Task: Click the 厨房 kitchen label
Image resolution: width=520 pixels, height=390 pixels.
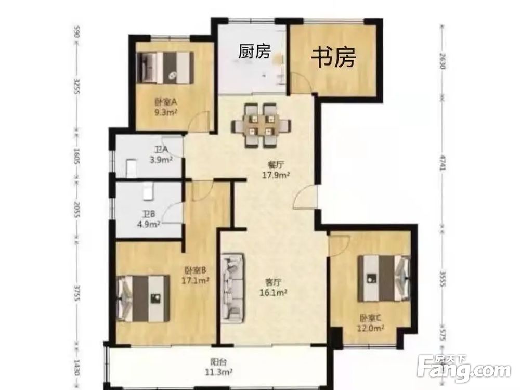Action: [254, 51]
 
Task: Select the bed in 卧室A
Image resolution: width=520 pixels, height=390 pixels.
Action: [165, 67]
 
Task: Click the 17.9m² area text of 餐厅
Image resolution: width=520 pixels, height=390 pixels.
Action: [276, 175]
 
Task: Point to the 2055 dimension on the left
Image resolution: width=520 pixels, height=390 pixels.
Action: [76, 211]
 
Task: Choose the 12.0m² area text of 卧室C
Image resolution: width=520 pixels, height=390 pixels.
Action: [371, 328]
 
